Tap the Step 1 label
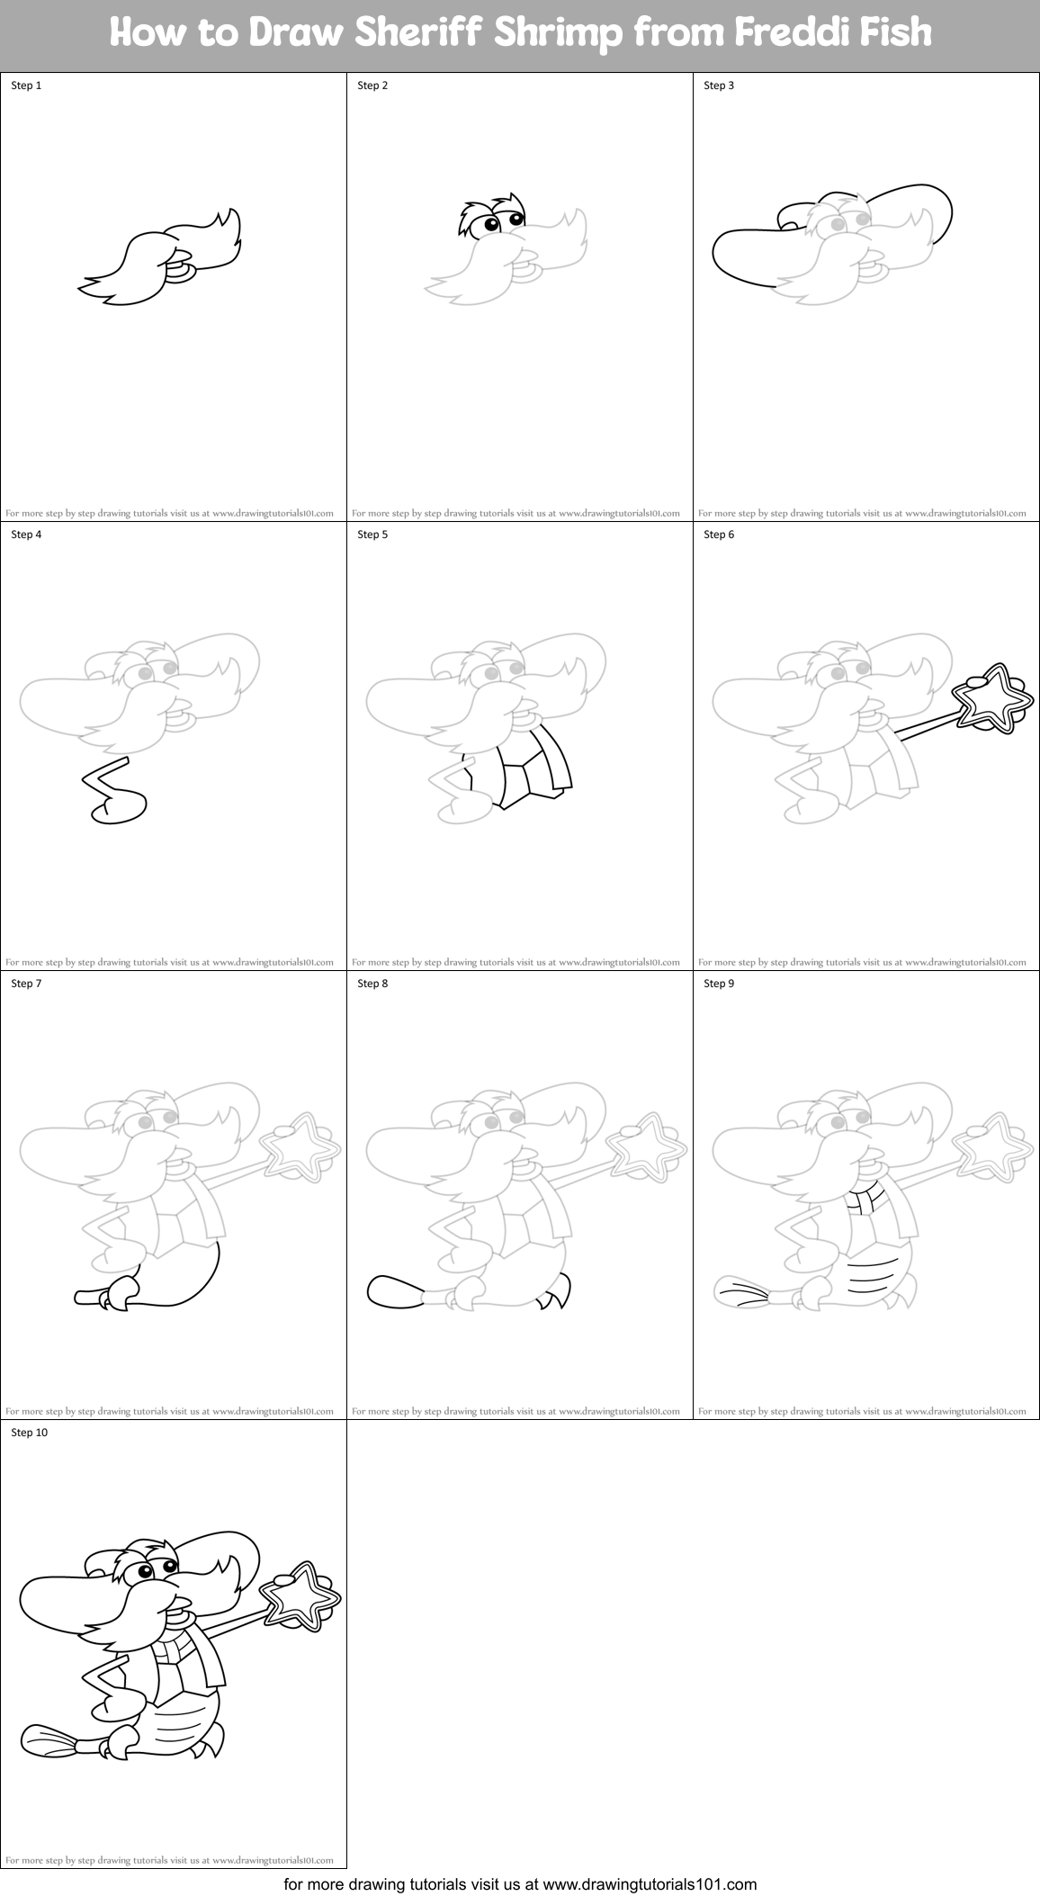tap(26, 85)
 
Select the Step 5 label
tap(372, 535)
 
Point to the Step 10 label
tap(29, 1433)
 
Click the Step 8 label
tap(372, 984)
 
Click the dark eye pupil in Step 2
tap(490, 224)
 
